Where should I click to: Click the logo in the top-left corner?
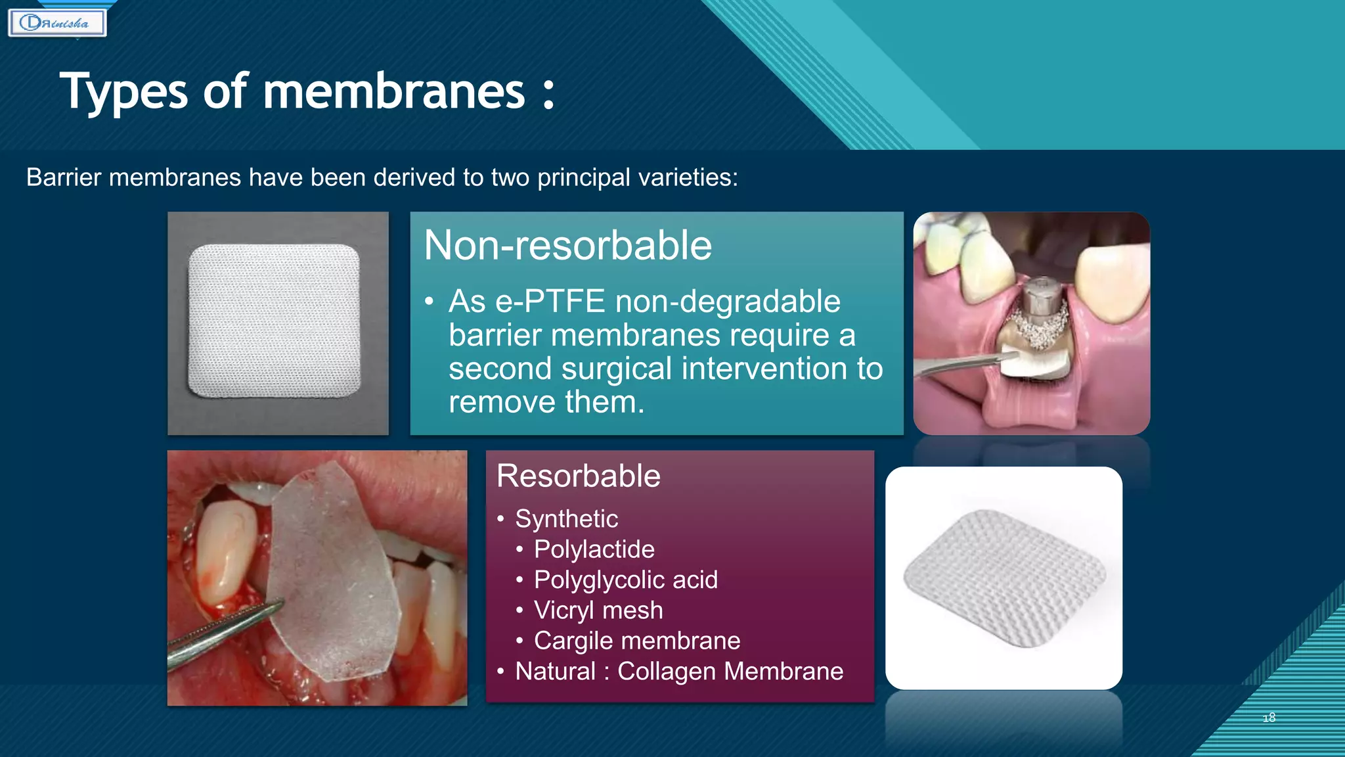pyautogui.click(x=57, y=23)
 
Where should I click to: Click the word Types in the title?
pyautogui.click(x=123, y=93)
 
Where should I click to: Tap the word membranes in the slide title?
pyautogui.click(x=393, y=91)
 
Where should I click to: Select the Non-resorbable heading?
pyautogui.click(x=567, y=245)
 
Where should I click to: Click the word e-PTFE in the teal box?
pyautogui.click(x=550, y=302)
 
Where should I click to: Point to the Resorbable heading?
pyautogui.click(x=578, y=476)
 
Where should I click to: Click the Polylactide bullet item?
pyautogui.click(x=594, y=549)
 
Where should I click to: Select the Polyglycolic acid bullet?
pyautogui.click(x=625, y=580)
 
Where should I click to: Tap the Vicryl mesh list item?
pyautogui.click(x=598, y=610)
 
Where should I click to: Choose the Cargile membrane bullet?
pyautogui.click(x=636, y=641)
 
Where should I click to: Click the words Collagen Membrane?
pyautogui.click(x=730, y=672)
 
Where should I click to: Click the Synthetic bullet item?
pyautogui.click(x=566, y=519)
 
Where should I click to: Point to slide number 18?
pyautogui.click(x=1269, y=718)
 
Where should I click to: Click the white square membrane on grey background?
pyautogui.click(x=275, y=321)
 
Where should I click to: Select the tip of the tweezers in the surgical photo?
pyautogui.click(x=279, y=603)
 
